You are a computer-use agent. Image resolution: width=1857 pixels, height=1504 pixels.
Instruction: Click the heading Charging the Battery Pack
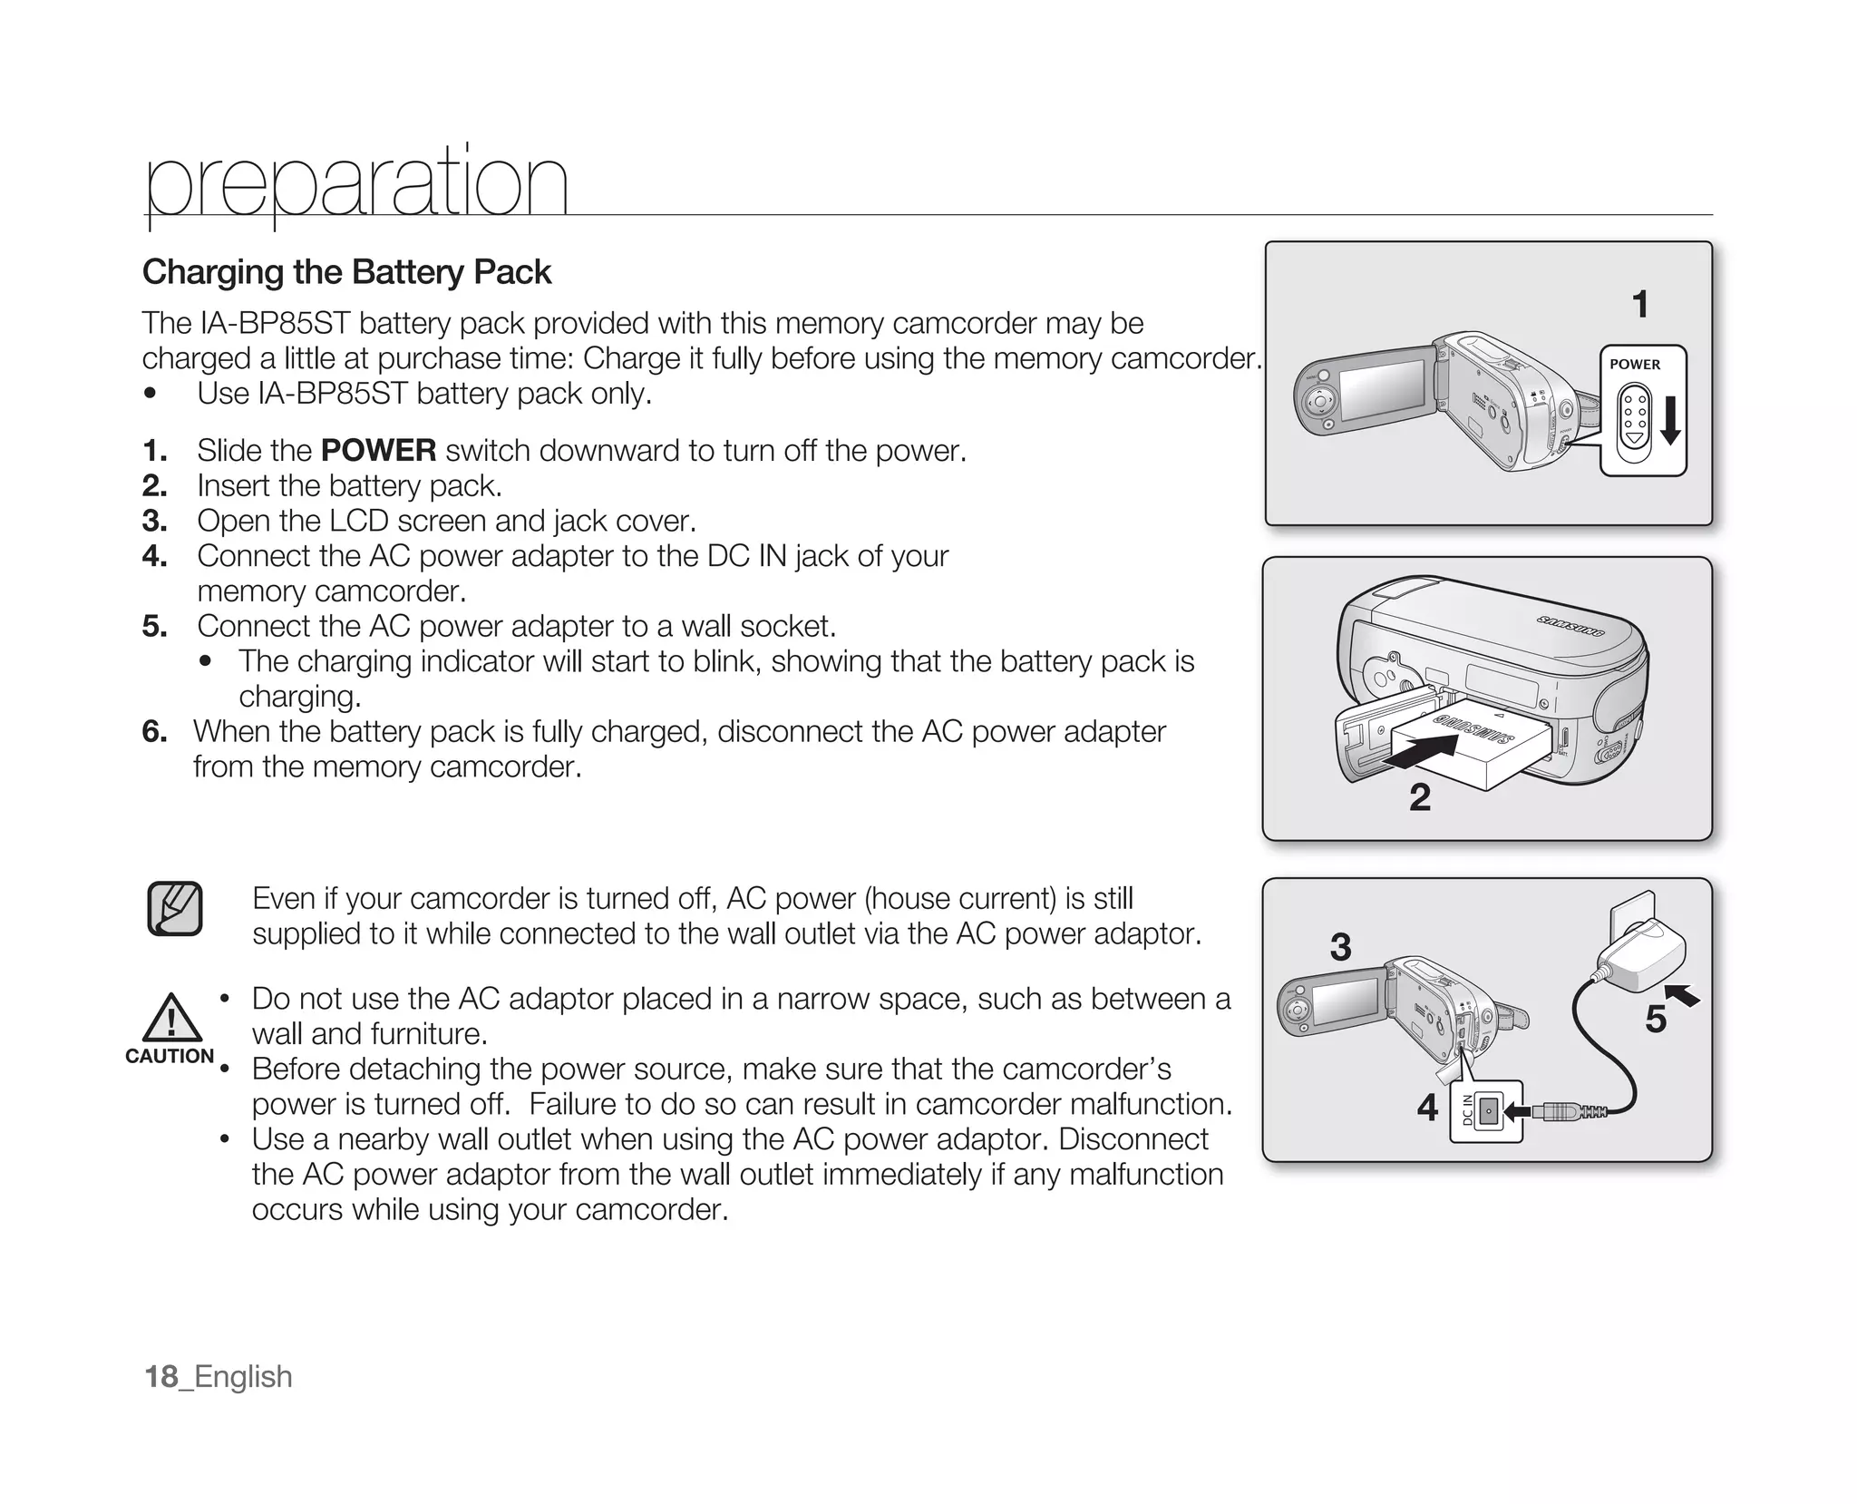click(x=346, y=272)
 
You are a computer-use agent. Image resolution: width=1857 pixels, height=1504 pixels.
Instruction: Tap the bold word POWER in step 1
click(x=378, y=451)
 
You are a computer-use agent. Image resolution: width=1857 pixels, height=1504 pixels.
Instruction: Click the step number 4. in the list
click(x=155, y=556)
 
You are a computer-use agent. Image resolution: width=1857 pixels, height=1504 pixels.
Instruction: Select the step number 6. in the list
click(x=155, y=731)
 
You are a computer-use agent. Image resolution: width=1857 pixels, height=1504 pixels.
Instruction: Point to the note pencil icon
click(x=175, y=908)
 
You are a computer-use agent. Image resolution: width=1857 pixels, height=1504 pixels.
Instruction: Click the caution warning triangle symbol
click(x=171, y=1018)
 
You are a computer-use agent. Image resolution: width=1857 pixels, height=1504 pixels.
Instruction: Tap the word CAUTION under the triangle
click(x=170, y=1056)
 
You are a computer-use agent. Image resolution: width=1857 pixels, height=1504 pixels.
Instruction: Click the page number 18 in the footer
click(x=161, y=1376)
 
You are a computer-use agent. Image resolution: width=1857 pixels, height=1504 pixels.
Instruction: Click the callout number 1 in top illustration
click(x=1639, y=305)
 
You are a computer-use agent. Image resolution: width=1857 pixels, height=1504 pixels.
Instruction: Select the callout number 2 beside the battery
click(x=1420, y=797)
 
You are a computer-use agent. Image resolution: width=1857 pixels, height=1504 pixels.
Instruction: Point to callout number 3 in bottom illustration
click(x=1340, y=947)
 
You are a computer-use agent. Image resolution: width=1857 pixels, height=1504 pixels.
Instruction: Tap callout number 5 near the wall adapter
click(x=1656, y=1020)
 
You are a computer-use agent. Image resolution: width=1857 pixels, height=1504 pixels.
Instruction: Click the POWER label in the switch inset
click(x=1635, y=365)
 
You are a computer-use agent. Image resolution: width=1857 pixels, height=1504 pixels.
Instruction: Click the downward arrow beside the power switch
click(x=1670, y=420)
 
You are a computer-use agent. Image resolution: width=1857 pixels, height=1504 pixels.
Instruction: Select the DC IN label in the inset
click(x=1467, y=1111)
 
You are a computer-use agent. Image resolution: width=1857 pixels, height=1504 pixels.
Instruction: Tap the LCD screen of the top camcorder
click(x=1383, y=390)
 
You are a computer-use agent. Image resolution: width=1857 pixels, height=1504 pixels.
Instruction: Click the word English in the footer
click(x=243, y=1376)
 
